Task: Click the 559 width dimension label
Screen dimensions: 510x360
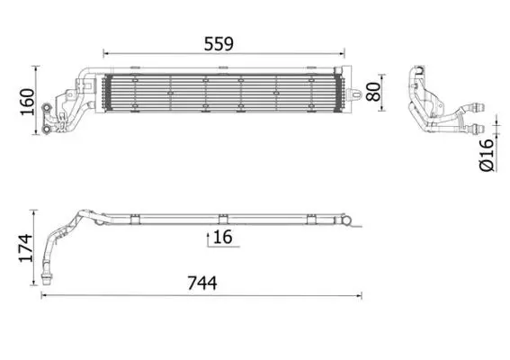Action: (x=219, y=44)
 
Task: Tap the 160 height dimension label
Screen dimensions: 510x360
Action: (x=27, y=102)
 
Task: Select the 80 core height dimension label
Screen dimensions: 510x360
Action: (x=373, y=92)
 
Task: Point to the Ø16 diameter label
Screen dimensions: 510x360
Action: (x=487, y=156)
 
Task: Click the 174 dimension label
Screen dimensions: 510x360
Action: (x=26, y=247)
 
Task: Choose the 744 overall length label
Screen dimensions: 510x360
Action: (x=202, y=283)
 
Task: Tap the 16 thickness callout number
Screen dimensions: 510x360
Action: (x=223, y=237)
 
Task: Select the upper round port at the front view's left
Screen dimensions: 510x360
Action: (x=47, y=108)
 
